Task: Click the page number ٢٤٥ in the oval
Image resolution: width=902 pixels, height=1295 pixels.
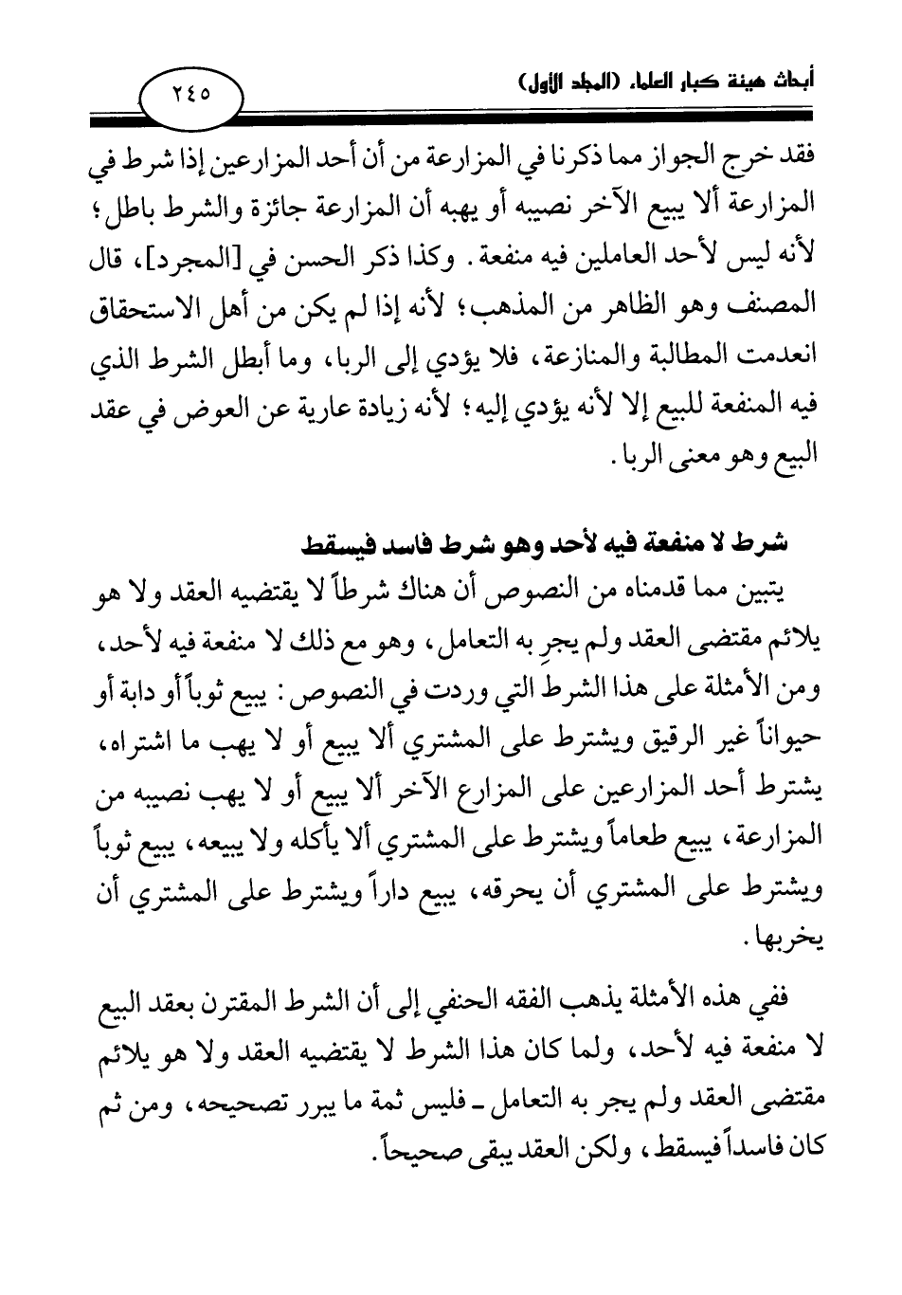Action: coord(191,95)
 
